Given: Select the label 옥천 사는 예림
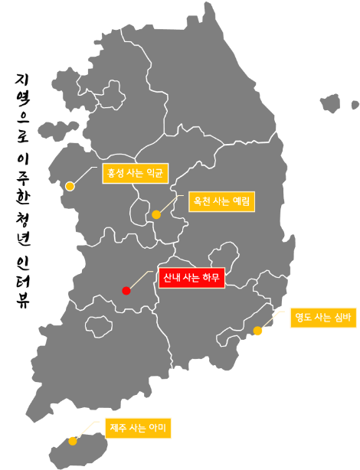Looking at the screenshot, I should (220, 202).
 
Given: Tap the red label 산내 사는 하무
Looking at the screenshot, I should (191, 278).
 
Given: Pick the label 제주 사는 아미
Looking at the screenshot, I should (139, 427).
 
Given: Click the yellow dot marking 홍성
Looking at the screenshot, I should (70, 186).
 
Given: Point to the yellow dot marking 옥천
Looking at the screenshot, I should (156, 214).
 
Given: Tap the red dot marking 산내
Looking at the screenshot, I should (126, 290).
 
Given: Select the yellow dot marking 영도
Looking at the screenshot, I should (257, 331).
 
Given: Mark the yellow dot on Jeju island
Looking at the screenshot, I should (72, 441).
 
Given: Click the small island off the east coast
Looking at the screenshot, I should (331, 103).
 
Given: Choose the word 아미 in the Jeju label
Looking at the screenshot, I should (158, 427).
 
